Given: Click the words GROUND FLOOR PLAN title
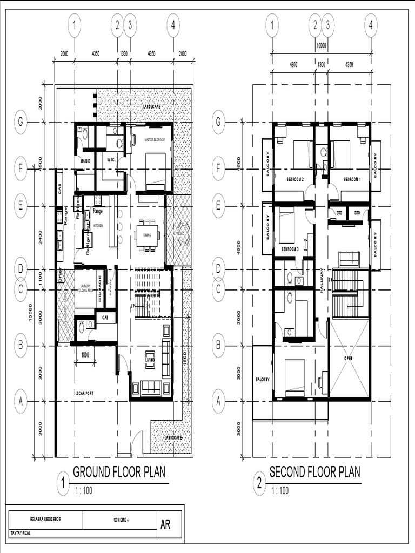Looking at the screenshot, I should tap(119, 472).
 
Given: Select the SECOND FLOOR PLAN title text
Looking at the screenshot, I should tap(314, 472).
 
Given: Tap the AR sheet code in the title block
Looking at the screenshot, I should tap(165, 524).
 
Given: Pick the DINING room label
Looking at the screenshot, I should tap(147, 235).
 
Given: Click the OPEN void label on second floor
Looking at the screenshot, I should tap(349, 358).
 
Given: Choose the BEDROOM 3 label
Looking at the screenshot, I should tap(290, 249).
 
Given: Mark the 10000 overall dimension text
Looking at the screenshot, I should tap(321, 46).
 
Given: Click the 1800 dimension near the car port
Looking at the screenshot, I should tap(85, 355).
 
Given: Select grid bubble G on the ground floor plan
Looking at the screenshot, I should tap(21, 123).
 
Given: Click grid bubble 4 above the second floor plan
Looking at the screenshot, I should tap(371, 25).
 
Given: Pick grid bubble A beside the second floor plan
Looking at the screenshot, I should tap(219, 401).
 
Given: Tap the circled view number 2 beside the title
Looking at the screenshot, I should tap(260, 484).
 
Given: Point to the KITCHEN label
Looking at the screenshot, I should tap(98, 225).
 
